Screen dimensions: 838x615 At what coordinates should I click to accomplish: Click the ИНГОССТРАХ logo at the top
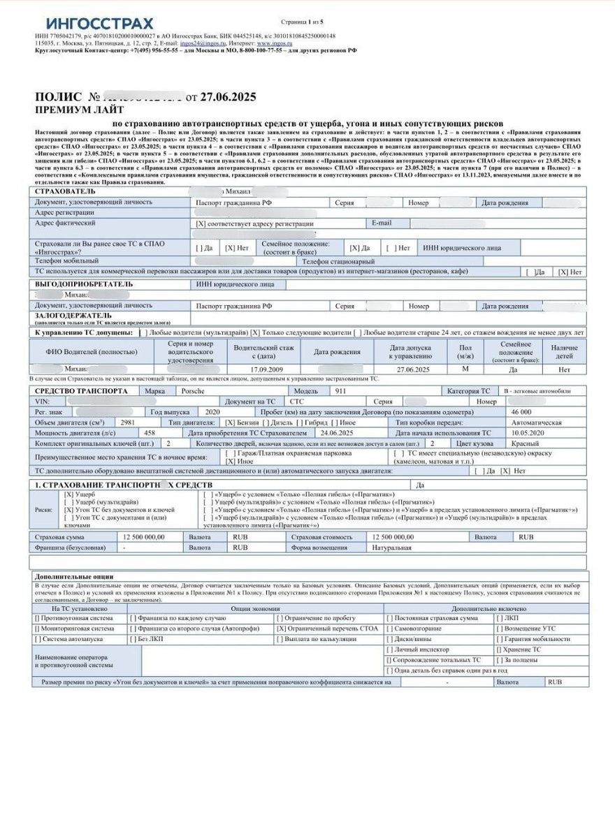(99, 24)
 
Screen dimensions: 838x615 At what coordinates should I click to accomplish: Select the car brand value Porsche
(194, 391)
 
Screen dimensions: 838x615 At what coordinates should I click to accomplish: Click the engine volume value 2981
(128, 422)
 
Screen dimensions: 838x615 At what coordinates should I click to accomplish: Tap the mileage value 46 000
(521, 412)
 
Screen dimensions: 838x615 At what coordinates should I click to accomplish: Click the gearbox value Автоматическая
(537, 422)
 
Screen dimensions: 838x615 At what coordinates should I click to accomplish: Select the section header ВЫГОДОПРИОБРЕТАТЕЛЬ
(84, 284)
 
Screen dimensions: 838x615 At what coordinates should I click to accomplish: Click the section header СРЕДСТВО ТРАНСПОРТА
(82, 391)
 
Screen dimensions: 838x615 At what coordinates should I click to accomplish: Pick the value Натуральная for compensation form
(391, 547)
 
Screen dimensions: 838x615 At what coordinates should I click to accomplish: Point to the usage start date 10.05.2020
(532, 433)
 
